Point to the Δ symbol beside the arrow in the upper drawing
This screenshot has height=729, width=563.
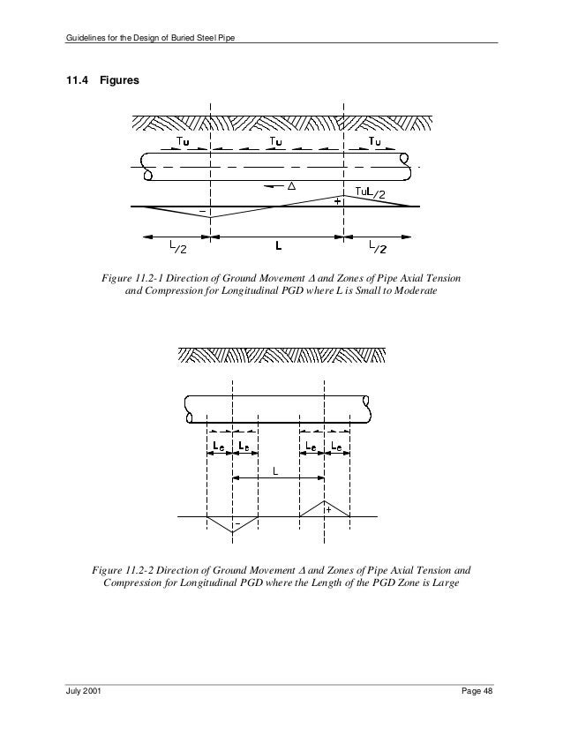(x=290, y=185)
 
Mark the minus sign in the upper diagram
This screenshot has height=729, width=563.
(x=203, y=212)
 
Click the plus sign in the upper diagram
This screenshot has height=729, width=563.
(x=338, y=201)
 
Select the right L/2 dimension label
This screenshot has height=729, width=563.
(x=376, y=249)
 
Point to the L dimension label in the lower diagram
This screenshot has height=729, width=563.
(x=276, y=472)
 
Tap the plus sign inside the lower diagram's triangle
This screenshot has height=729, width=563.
(x=327, y=509)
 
